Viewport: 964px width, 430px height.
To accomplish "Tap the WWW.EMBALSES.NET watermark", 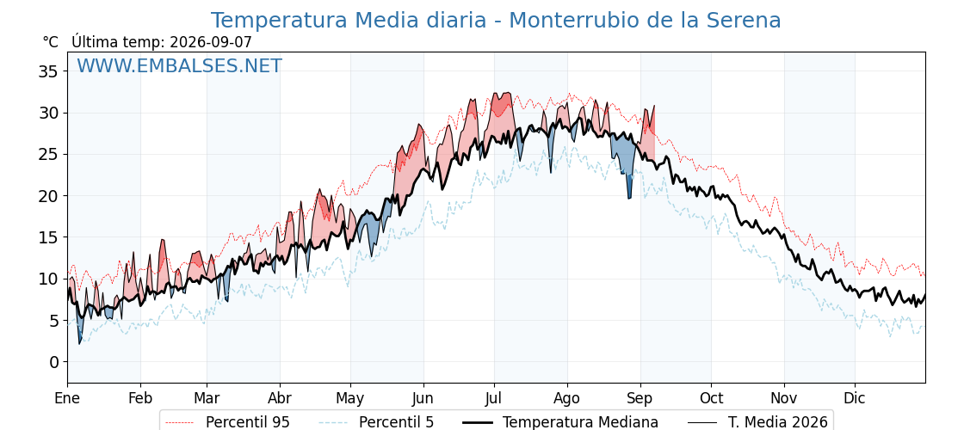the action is [x=179, y=65].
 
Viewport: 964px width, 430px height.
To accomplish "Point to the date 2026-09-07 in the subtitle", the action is [x=211, y=42].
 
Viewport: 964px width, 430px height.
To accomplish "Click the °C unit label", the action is [x=51, y=42].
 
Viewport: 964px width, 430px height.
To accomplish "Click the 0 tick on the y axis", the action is [x=54, y=362].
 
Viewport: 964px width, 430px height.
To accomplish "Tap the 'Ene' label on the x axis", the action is [x=67, y=398].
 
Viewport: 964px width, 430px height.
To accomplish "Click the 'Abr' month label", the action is [x=280, y=398].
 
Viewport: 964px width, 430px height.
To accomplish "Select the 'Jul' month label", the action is [x=494, y=398].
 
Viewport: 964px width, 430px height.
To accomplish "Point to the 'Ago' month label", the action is [x=567, y=399].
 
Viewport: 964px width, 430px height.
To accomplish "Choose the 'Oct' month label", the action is [x=711, y=398].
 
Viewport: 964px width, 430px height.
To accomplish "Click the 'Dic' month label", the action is [x=855, y=398].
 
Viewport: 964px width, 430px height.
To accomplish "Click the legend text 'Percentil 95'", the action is [x=247, y=422].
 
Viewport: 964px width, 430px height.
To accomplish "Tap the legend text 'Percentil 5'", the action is [x=396, y=422].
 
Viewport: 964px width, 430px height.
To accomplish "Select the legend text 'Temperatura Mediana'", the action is [x=580, y=422].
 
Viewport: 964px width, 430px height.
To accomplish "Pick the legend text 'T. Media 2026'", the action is [x=778, y=422].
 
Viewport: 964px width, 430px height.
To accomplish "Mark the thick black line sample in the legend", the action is [x=477, y=422].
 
